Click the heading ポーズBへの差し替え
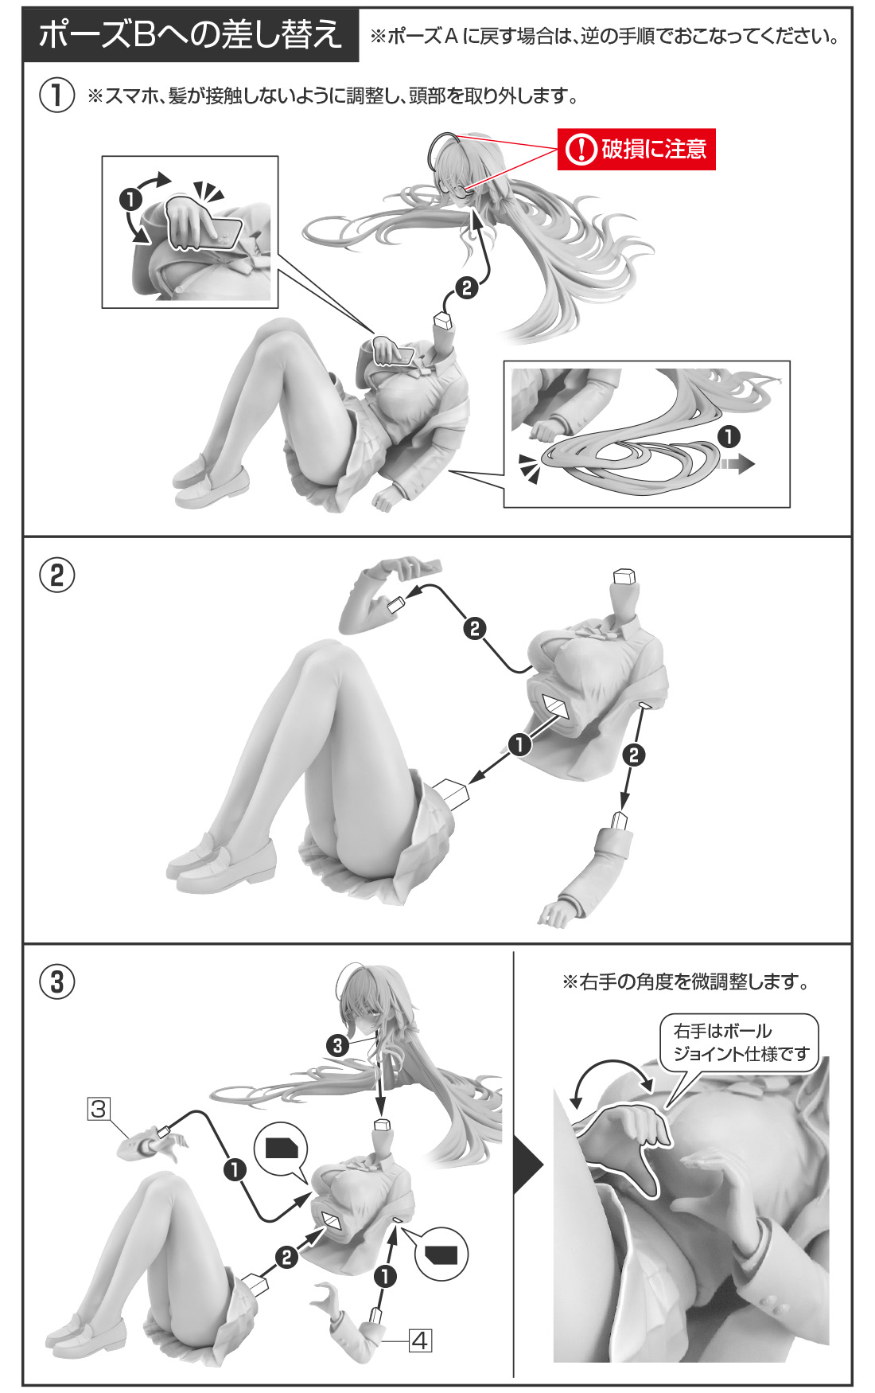[x=191, y=35]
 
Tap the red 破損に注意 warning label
[x=636, y=149]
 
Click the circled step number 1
[x=57, y=96]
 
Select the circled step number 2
[x=57, y=575]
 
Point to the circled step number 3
[x=57, y=981]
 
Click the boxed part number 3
[x=99, y=1108]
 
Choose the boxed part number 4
[x=420, y=1341]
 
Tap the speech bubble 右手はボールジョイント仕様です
[x=740, y=1043]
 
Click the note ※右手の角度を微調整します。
[x=686, y=982]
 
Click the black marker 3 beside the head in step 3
[x=337, y=1045]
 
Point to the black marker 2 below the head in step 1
[x=467, y=287]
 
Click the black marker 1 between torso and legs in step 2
[x=519, y=744]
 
